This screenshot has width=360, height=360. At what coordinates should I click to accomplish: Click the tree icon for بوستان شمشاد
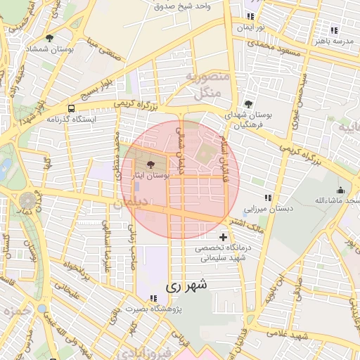pyautogui.click(x=49, y=38)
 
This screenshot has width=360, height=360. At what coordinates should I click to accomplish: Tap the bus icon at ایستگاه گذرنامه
pyautogui.click(x=71, y=108)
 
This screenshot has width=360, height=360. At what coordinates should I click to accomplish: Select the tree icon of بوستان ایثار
pyautogui.click(x=150, y=164)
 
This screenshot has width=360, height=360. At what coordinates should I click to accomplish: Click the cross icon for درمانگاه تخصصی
pyautogui.click(x=224, y=237)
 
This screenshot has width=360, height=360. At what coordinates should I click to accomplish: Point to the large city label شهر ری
pyautogui.click(x=186, y=287)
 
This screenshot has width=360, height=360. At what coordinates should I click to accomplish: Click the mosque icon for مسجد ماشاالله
pyautogui.click(x=341, y=190)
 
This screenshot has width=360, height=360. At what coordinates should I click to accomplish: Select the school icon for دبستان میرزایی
pyautogui.click(x=266, y=198)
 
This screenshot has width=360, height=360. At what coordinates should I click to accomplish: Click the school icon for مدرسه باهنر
pyautogui.click(x=333, y=31)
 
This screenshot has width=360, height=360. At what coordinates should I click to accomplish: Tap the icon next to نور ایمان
pyautogui.click(x=250, y=16)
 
